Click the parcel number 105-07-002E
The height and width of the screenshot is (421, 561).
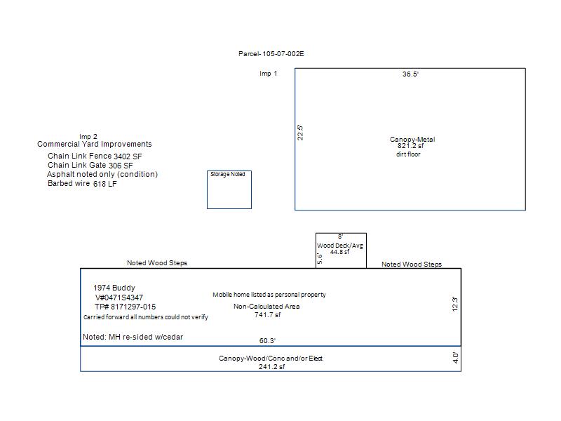(x=283, y=54)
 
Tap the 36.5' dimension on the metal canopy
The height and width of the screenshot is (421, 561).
(x=410, y=74)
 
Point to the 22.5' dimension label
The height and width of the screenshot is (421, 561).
(x=300, y=133)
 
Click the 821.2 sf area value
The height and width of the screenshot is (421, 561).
(x=410, y=146)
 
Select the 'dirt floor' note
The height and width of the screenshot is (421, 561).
(x=408, y=154)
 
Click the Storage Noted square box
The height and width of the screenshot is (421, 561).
(x=229, y=189)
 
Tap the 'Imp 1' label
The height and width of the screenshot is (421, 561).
(x=269, y=74)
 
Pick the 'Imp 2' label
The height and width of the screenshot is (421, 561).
(x=88, y=136)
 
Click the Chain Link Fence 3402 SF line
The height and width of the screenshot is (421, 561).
(x=95, y=156)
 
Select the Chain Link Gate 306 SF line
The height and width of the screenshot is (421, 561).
(x=90, y=165)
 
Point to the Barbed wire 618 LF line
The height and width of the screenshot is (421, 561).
(x=82, y=183)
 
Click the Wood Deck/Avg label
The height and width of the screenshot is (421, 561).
(x=340, y=246)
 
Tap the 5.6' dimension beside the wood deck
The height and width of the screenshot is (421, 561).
(x=320, y=259)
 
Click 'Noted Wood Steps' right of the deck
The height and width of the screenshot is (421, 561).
(x=412, y=265)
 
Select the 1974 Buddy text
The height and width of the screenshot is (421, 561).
(x=114, y=288)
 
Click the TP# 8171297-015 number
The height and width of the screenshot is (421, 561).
(x=126, y=307)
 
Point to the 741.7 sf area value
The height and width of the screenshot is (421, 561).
(x=268, y=314)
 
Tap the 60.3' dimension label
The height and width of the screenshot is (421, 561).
(x=268, y=340)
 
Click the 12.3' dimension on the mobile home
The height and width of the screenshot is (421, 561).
(x=454, y=304)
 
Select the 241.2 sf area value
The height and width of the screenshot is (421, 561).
(x=272, y=366)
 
